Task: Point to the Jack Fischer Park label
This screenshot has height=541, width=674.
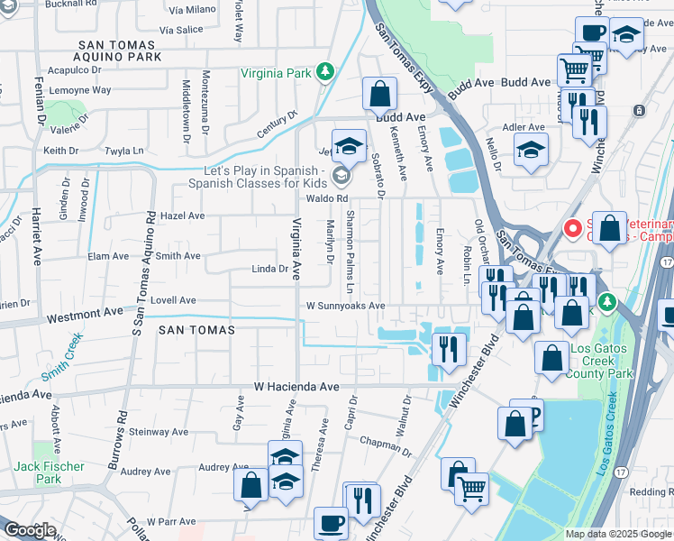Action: pos(50,472)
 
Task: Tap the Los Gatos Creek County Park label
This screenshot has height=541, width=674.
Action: pos(597,362)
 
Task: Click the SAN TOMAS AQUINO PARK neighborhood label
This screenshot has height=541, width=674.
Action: pos(120,50)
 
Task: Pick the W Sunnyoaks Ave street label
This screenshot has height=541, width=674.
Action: pos(345,306)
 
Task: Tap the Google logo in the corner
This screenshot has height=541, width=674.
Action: pos(30,530)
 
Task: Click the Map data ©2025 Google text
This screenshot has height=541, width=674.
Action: pos(617,534)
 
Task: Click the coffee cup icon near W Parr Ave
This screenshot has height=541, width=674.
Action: pos(331,523)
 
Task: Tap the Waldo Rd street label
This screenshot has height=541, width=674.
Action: pos(326,198)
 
